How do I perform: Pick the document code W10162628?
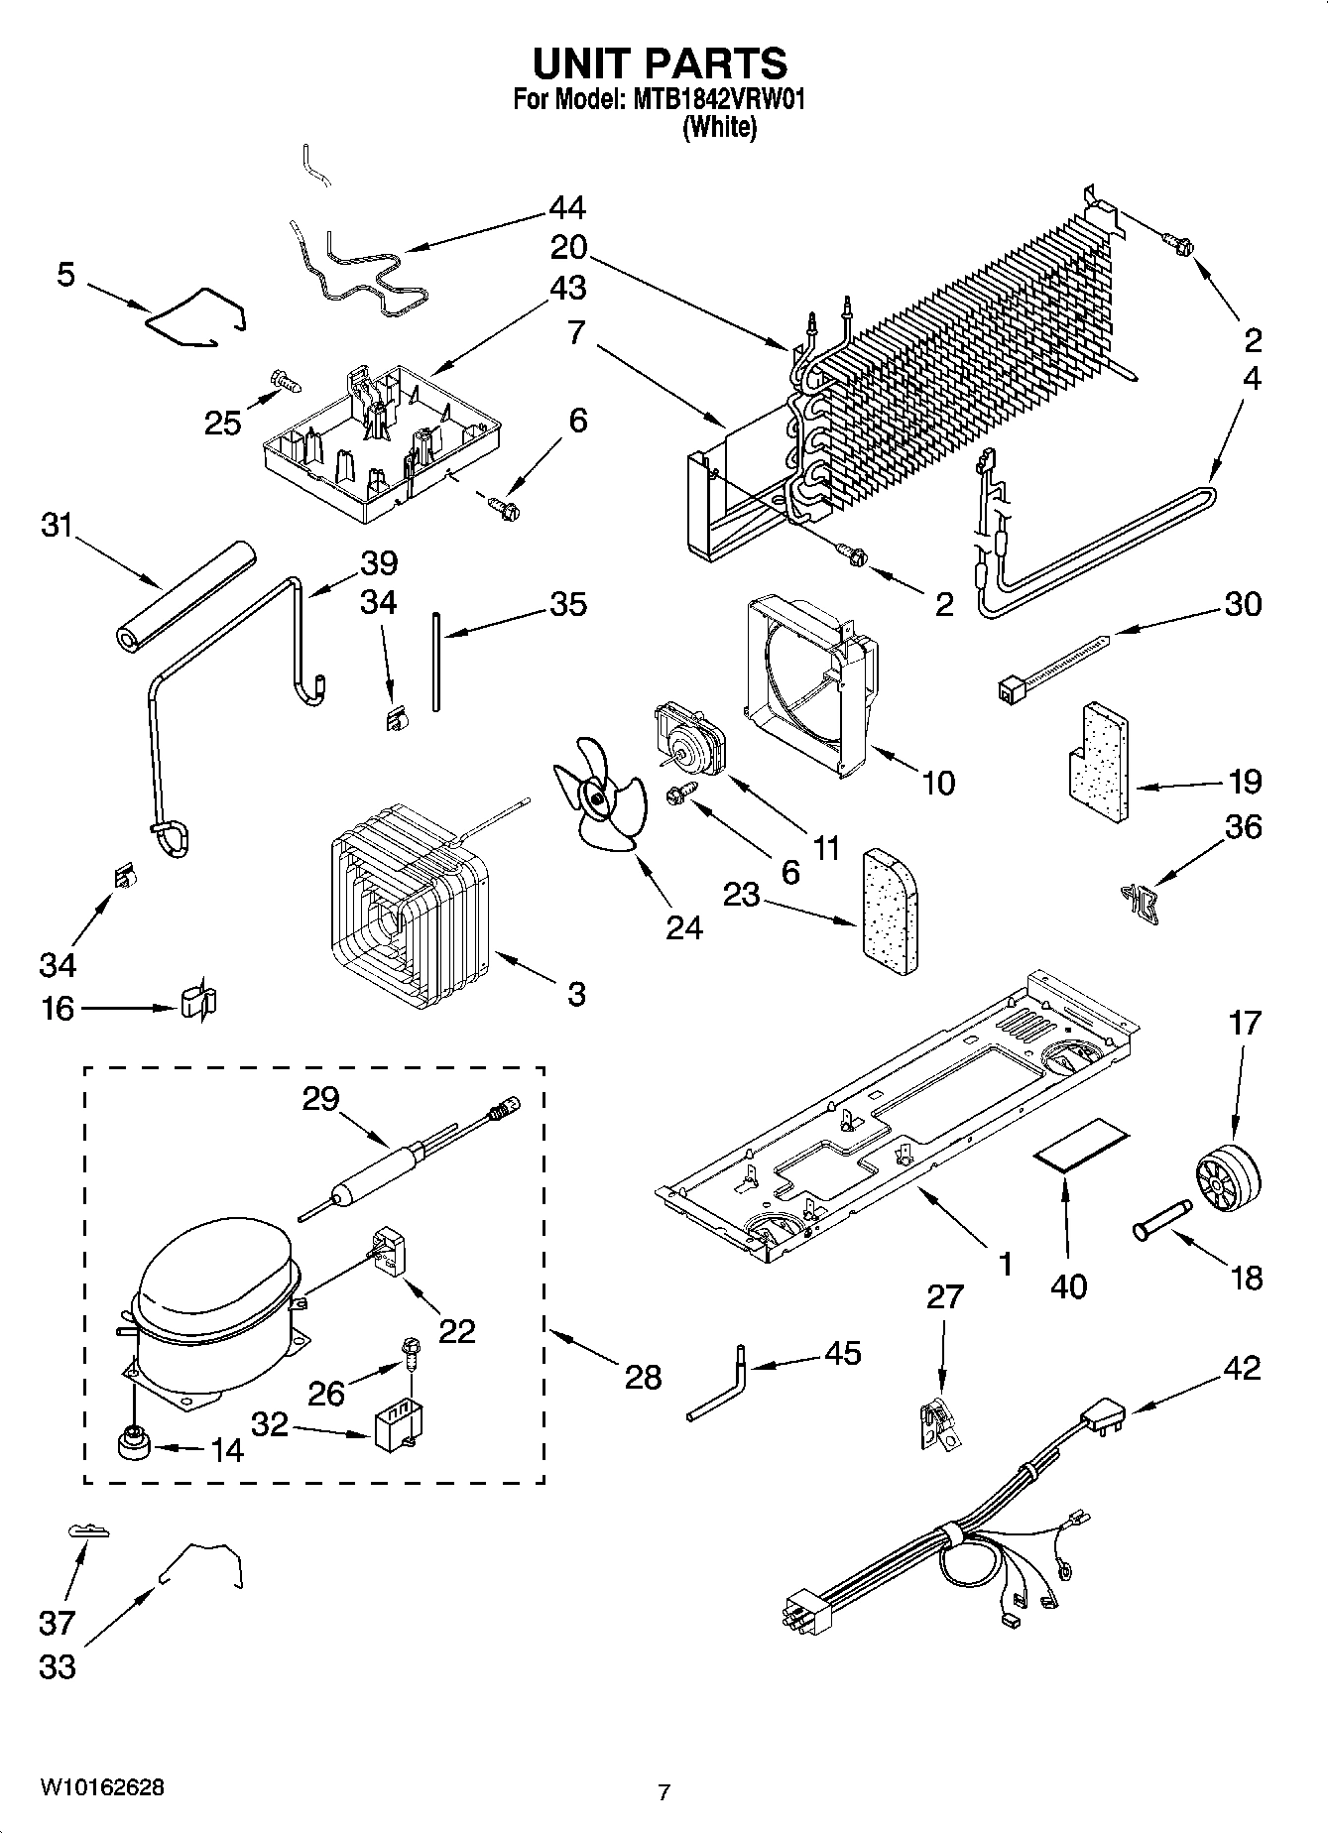tap(102, 1787)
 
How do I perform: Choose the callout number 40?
tap(1067, 1286)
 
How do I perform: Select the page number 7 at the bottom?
tap(664, 1791)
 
